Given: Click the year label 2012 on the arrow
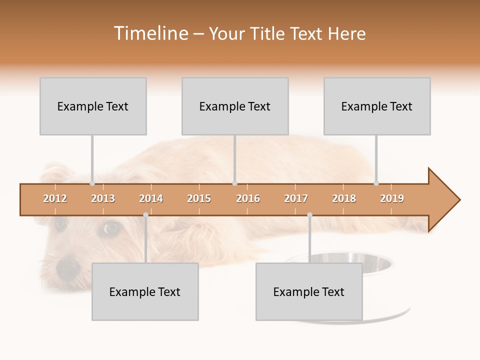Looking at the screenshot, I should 55,198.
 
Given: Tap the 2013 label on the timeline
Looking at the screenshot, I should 103,198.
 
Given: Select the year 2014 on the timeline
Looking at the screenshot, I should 151,198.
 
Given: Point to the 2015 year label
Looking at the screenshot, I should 199,198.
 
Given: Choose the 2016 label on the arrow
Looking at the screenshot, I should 248,198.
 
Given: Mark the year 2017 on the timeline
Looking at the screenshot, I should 296,198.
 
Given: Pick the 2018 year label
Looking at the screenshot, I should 344,198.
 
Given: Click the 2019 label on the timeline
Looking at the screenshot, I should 392,198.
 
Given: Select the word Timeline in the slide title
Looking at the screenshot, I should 150,33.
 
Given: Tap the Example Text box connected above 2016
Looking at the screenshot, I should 235,106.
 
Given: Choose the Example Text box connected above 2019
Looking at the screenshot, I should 377,106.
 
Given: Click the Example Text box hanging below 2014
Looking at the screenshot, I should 145,291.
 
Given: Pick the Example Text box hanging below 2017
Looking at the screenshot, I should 309,291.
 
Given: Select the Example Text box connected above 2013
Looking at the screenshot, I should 93,106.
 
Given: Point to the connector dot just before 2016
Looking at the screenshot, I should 235,183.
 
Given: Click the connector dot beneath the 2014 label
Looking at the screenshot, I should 145,214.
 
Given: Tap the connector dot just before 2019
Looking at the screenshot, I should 376,183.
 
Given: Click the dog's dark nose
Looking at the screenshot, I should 68,268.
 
